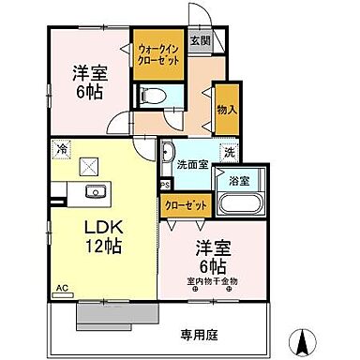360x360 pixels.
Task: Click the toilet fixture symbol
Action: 149,95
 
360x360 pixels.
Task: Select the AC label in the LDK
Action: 61,289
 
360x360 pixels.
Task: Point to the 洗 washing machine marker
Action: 228,151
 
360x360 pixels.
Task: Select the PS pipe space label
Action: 165,186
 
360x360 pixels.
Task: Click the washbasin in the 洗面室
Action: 168,150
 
